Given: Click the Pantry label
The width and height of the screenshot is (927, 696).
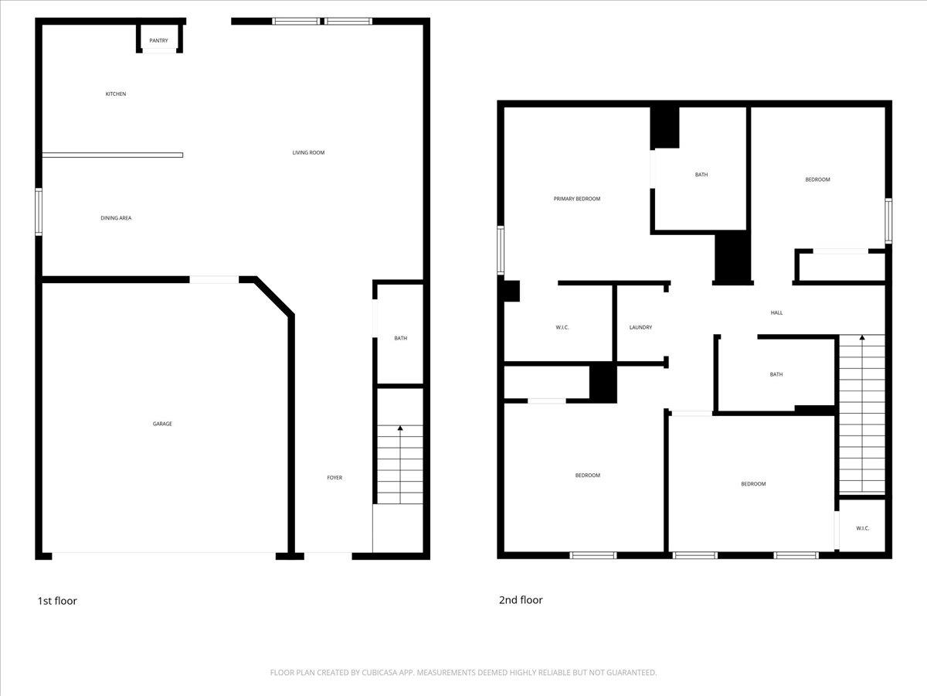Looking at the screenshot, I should click(158, 40).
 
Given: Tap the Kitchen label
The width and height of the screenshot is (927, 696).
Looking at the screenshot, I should click(116, 94).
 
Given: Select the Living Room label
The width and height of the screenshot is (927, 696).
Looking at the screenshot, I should click(308, 153).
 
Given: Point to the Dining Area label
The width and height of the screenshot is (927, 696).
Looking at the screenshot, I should click(116, 218).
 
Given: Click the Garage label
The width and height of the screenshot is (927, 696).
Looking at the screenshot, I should click(162, 424).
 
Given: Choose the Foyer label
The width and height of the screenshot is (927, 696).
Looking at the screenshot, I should click(334, 478).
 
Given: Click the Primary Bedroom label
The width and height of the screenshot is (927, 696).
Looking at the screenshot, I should click(576, 199).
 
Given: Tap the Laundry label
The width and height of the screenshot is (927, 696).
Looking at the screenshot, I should click(640, 327).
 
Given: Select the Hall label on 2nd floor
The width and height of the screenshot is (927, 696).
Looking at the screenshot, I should click(776, 313).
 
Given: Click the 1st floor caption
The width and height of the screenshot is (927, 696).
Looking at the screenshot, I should click(57, 601).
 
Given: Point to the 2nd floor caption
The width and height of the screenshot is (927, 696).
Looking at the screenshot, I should click(521, 600).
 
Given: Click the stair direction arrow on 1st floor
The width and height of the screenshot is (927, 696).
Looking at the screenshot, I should click(400, 428).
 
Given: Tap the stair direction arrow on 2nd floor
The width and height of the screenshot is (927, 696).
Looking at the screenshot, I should click(862, 338).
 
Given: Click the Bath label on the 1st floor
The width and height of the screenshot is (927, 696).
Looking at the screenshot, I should click(400, 338).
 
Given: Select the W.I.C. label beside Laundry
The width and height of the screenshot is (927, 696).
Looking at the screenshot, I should click(562, 327).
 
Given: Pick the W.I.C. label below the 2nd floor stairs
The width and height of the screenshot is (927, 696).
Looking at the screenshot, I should click(863, 528).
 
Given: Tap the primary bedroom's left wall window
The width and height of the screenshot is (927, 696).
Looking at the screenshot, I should click(501, 249).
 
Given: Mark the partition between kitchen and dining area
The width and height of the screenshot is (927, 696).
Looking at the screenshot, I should click(113, 155).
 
